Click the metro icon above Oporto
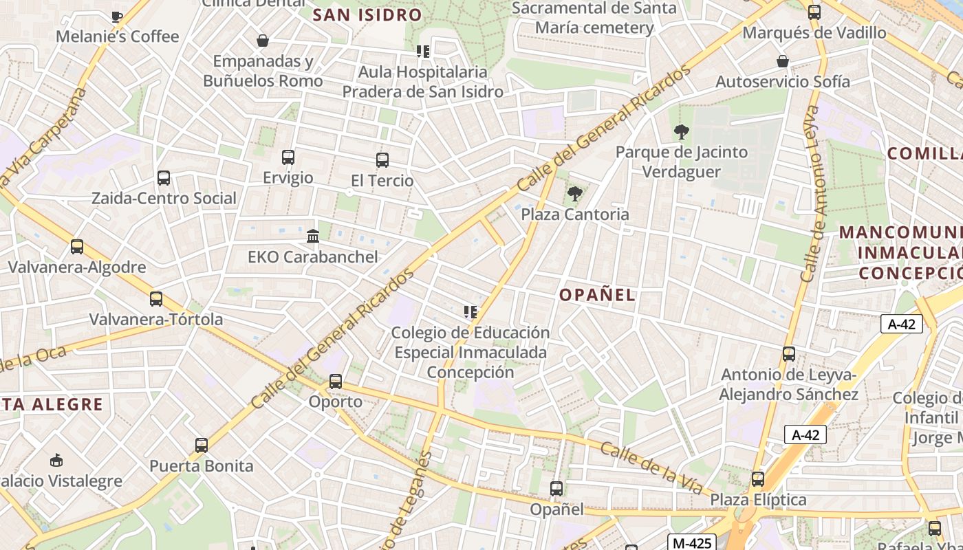[x=336, y=381]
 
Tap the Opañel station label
[x=556, y=509]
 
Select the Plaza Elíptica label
[x=758, y=500]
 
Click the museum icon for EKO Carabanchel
[x=313, y=236]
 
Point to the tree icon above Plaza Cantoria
[x=575, y=194]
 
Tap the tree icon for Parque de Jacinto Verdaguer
[x=682, y=131]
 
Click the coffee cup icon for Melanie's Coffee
[x=117, y=16]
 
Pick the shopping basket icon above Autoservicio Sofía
[x=783, y=61]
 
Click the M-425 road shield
[x=691, y=542]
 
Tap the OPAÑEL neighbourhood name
[x=597, y=295]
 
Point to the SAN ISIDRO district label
[x=367, y=14]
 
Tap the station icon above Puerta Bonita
[x=201, y=445]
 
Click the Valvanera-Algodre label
[x=77, y=267]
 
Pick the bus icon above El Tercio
[x=382, y=160]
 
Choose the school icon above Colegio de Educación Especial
[x=470, y=312]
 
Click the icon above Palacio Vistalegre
[x=57, y=460]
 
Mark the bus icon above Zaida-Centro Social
[x=164, y=178]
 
